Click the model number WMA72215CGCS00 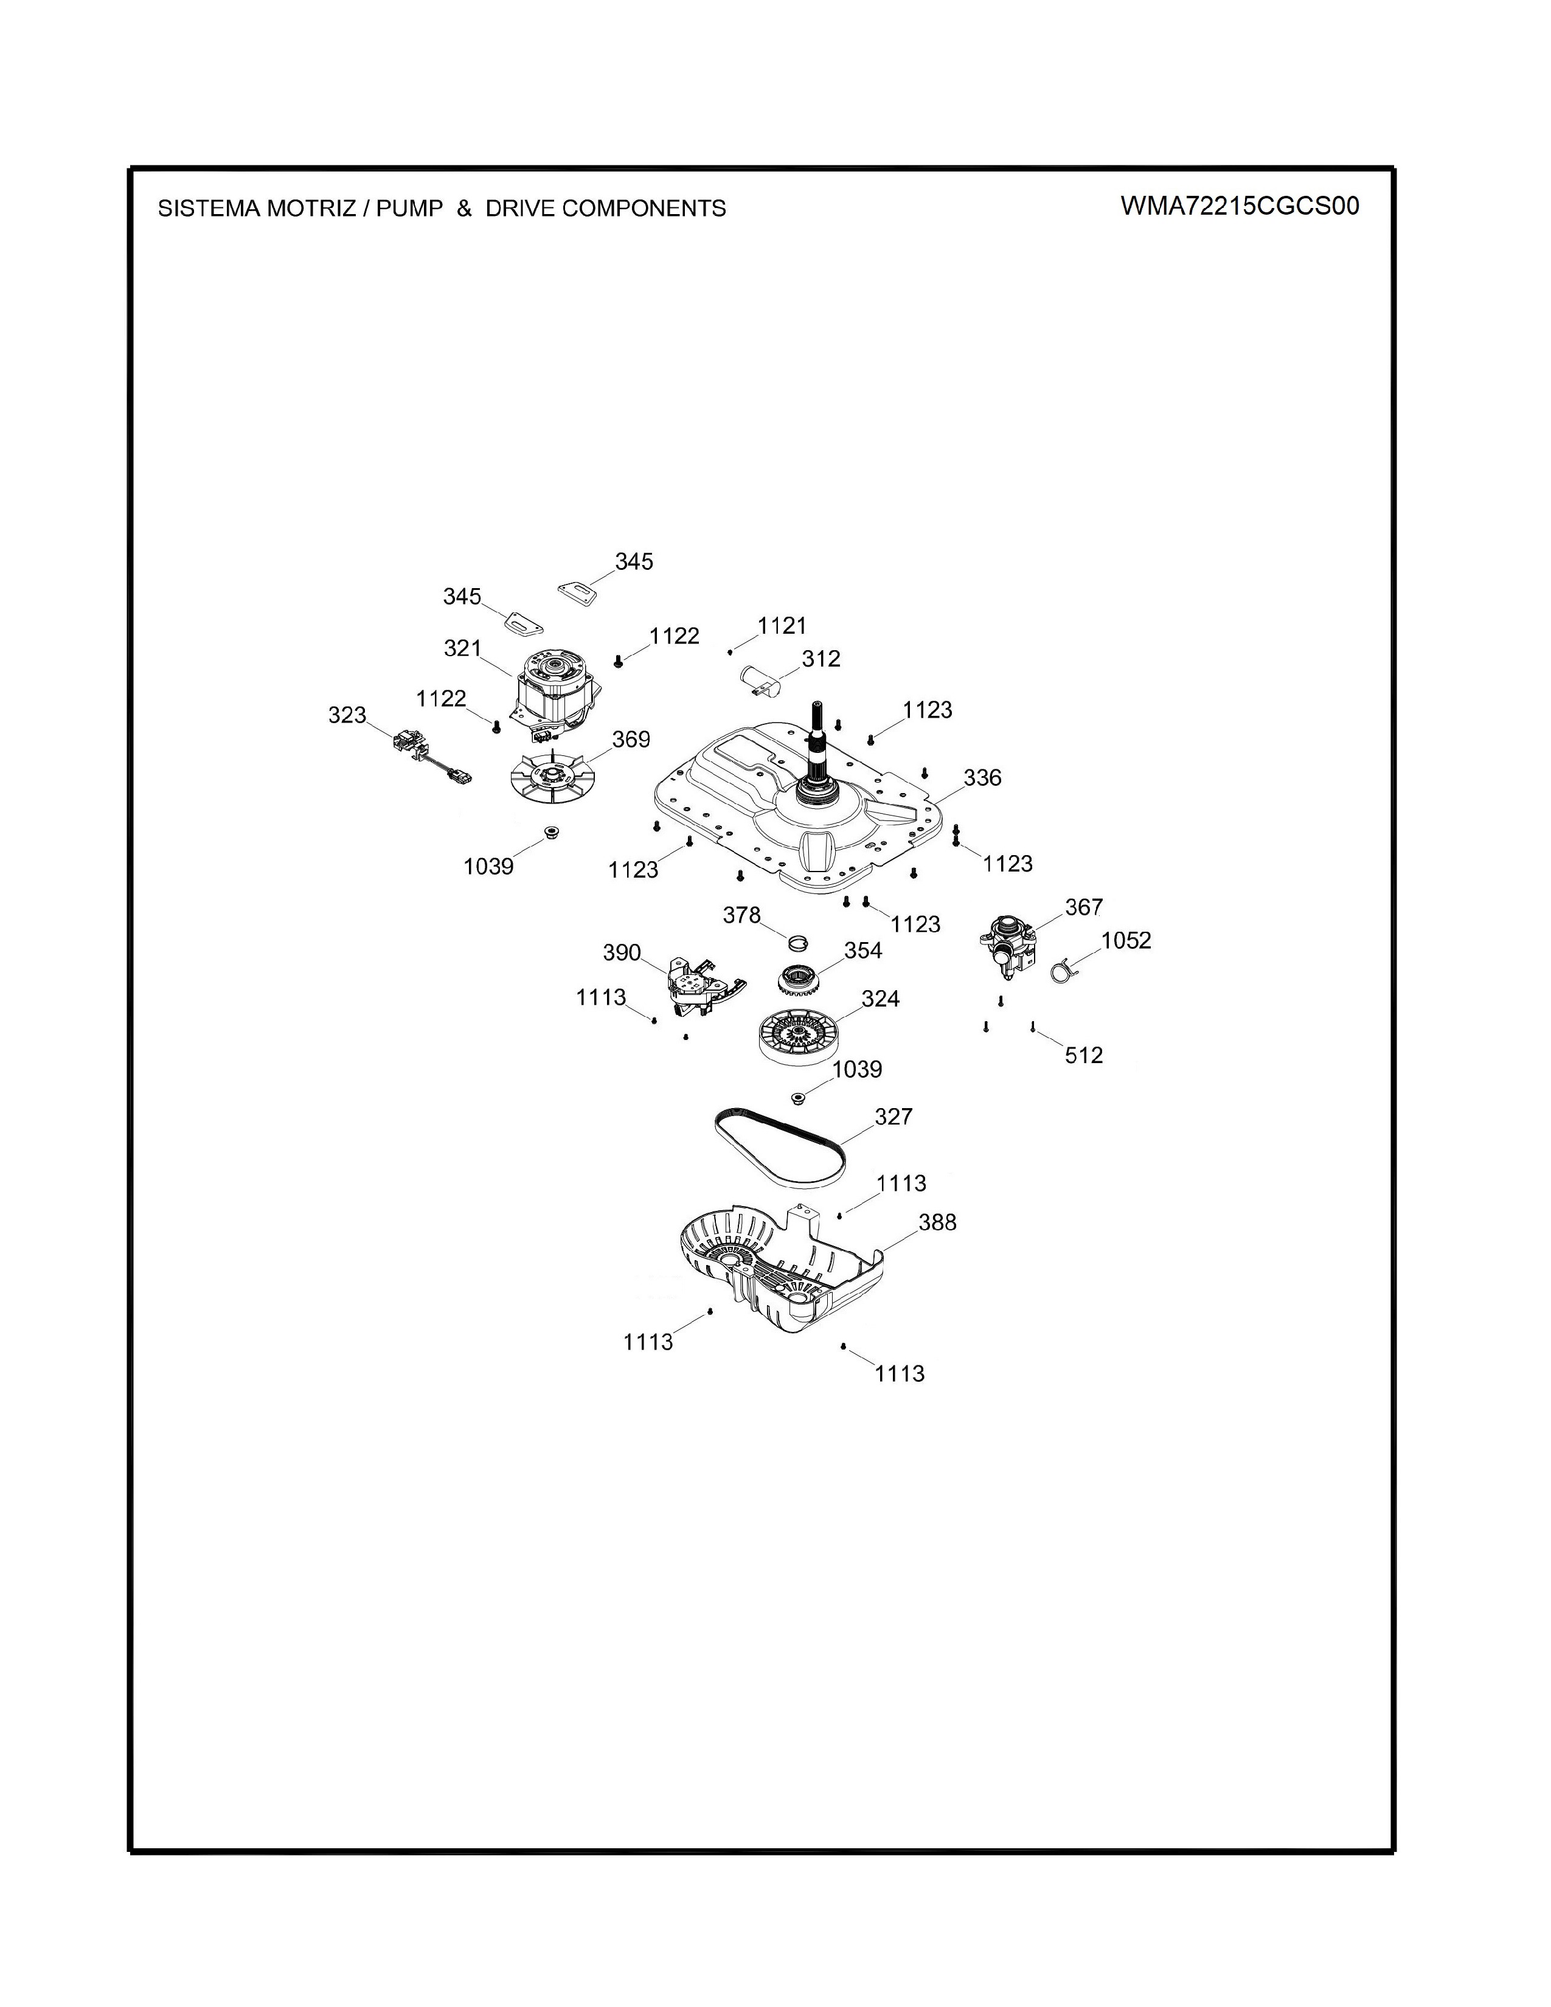click(x=1240, y=205)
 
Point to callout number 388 click(x=937, y=1222)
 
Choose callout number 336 click(x=982, y=777)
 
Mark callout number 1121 click(x=782, y=626)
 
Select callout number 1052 click(x=1126, y=940)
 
